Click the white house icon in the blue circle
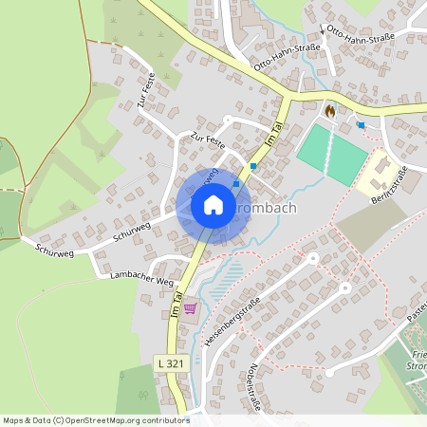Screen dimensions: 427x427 (213, 205)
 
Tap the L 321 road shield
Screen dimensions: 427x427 (169, 363)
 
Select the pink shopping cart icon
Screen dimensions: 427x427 (190, 307)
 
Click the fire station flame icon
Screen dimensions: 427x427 (328, 110)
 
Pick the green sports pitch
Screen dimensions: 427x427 (331, 155)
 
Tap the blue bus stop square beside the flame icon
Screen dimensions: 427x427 (361, 125)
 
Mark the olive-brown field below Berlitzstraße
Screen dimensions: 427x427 (369, 225)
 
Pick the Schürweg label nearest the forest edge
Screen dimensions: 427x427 (54, 249)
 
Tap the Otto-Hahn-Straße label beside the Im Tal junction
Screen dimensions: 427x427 (276, 66)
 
